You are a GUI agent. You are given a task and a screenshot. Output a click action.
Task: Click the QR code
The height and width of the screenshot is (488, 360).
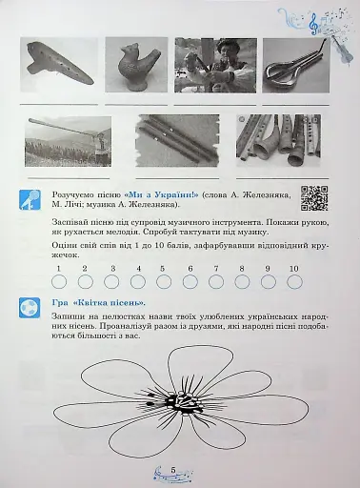click(314, 198)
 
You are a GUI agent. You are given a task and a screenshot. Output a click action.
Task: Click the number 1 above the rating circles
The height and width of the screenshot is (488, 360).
click(58, 269)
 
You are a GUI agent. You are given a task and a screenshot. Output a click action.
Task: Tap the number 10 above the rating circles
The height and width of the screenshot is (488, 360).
click(294, 269)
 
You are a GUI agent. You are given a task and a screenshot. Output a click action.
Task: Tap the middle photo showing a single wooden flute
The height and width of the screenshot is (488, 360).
click(176, 140)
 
